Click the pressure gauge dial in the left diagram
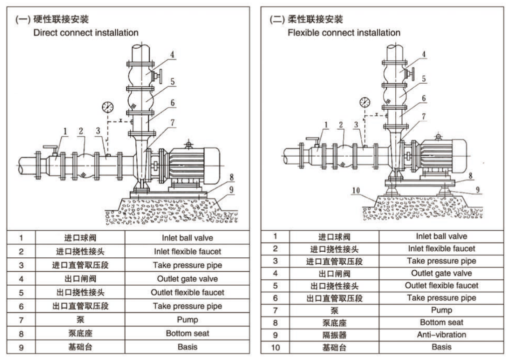[x=108, y=107]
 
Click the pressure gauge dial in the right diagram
[x=365, y=102]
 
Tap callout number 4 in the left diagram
[x=172, y=54]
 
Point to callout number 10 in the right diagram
[x=356, y=190]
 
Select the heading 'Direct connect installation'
[x=86, y=32]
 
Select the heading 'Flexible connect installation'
[x=344, y=32]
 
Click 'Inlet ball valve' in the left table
[x=188, y=238]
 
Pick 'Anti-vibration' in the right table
[x=441, y=335]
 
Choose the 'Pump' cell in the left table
[x=188, y=320]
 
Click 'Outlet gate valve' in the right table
[x=441, y=273]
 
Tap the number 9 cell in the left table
[x=21, y=348]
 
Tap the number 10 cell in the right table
[x=275, y=348]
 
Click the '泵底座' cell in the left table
[x=80, y=333]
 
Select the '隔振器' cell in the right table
[x=334, y=335]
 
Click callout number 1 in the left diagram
[x=65, y=132]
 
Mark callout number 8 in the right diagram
[x=470, y=176]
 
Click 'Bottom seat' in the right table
[x=441, y=322]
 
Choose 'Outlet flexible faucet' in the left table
[x=188, y=292]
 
